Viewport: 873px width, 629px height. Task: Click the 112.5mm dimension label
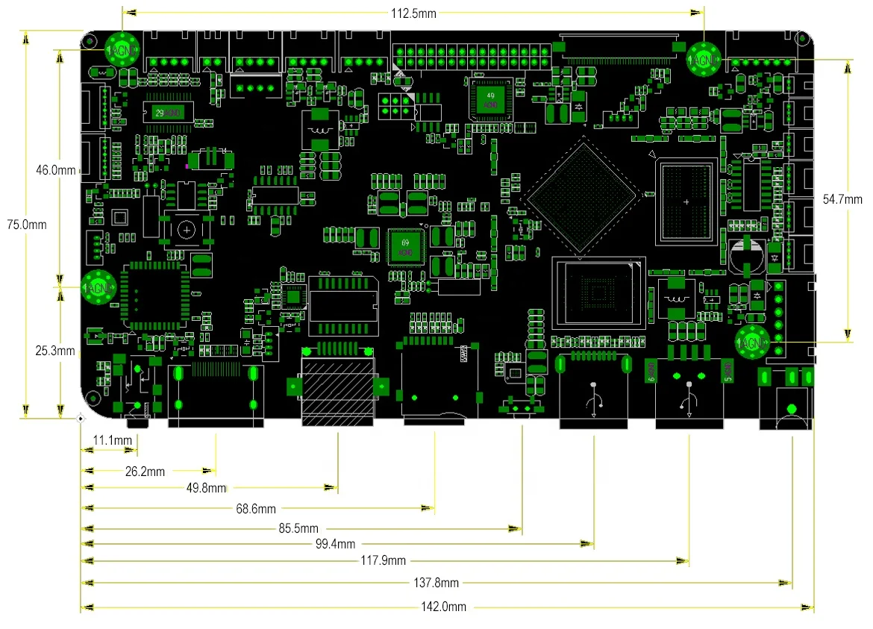[413, 13]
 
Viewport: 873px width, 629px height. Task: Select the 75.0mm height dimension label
[26, 224]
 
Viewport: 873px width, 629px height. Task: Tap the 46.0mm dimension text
[56, 170]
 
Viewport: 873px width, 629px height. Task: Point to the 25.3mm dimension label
[56, 351]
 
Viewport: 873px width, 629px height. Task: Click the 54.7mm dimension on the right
[842, 199]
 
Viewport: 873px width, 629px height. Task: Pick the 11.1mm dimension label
[111, 440]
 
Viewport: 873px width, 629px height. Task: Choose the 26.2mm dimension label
[145, 471]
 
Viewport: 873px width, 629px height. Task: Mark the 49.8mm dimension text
[207, 488]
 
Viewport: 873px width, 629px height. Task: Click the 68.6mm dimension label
[256, 509]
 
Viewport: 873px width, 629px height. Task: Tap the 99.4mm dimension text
[335, 544]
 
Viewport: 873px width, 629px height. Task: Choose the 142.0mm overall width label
[446, 607]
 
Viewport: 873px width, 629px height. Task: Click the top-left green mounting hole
[122, 51]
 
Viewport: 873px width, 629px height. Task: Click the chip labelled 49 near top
[490, 100]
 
